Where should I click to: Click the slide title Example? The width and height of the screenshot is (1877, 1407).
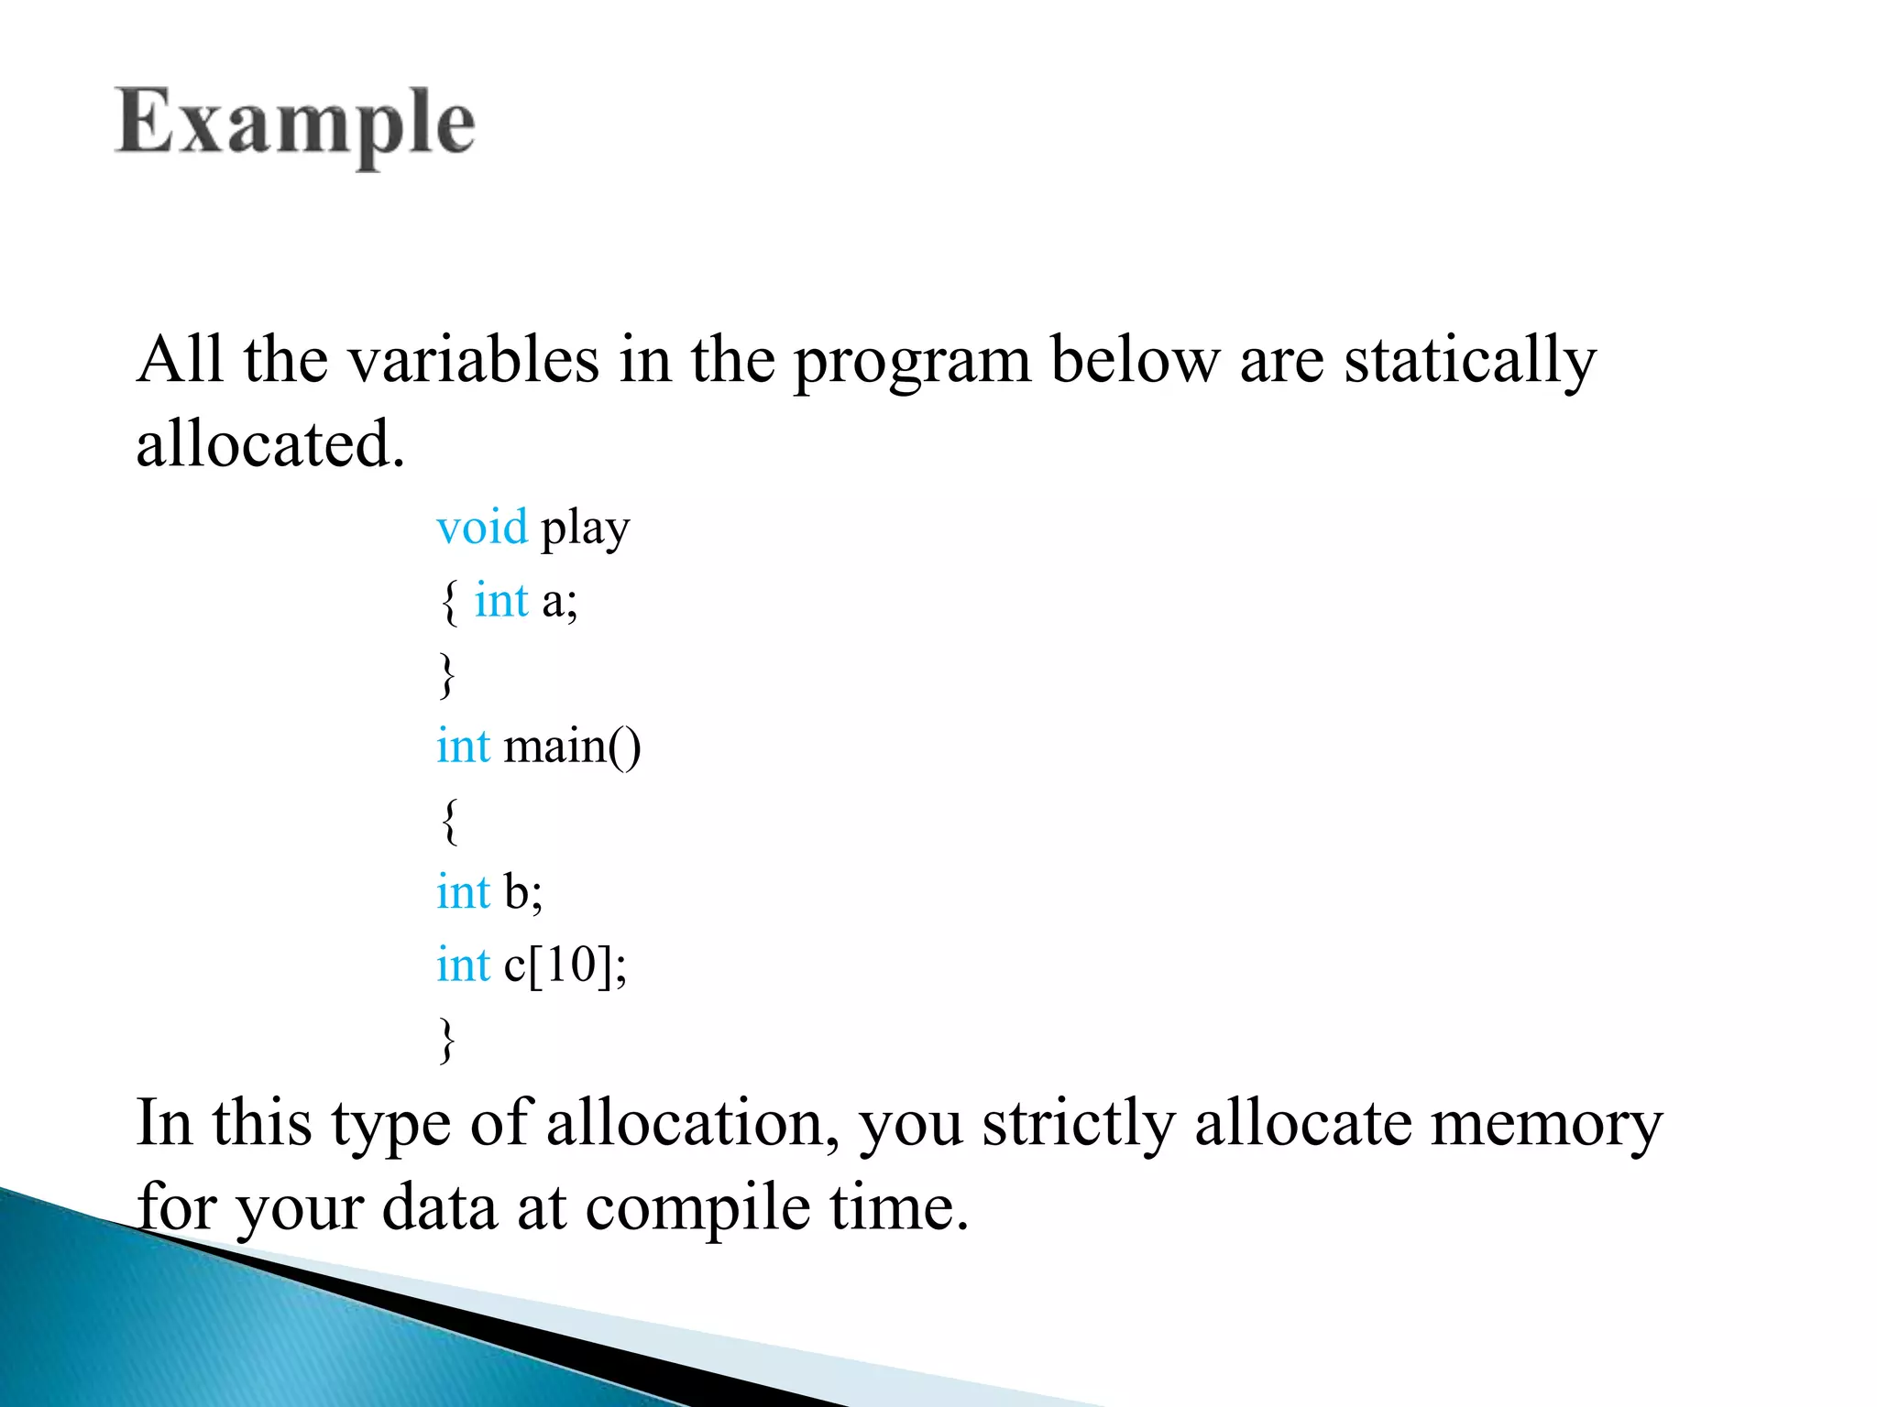pyautogui.click(x=295, y=123)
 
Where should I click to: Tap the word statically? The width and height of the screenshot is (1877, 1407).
pyautogui.click(x=1470, y=360)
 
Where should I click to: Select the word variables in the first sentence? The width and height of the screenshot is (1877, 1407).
pyautogui.click(x=474, y=360)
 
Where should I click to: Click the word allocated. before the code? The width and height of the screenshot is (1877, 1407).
pyautogui.click(x=270, y=444)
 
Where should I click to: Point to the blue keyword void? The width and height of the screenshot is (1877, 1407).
pyautogui.click(x=482, y=528)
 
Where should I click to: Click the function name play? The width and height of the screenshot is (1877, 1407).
pyautogui.click(x=586, y=529)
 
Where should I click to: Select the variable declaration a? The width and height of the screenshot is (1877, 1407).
pyautogui.click(x=560, y=602)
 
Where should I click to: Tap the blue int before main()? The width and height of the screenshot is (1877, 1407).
pyautogui.click(x=464, y=746)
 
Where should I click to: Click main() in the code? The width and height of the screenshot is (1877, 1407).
pyautogui.click(x=573, y=746)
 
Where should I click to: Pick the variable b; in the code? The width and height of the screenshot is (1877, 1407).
pyautogui.click(x=523, y=891)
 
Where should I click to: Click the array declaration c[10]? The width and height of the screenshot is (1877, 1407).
pyautogui.click(x=565, y=965)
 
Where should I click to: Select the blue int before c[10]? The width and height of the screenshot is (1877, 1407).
pyautogui.click(x=464, y=965)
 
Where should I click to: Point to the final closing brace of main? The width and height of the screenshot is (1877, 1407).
pyautogui.click(x=447, y=1039)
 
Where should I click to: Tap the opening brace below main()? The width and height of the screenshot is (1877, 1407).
pyautogui.click(x=448, y=820)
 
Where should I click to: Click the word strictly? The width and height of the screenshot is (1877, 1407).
pyautogui.click(x=1079, y=1124)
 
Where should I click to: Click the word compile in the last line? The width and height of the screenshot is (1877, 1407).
pyautogui.click(x=697, y=1208)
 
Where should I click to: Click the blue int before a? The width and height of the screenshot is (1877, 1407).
pyautogui.click(x=501, y=602)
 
